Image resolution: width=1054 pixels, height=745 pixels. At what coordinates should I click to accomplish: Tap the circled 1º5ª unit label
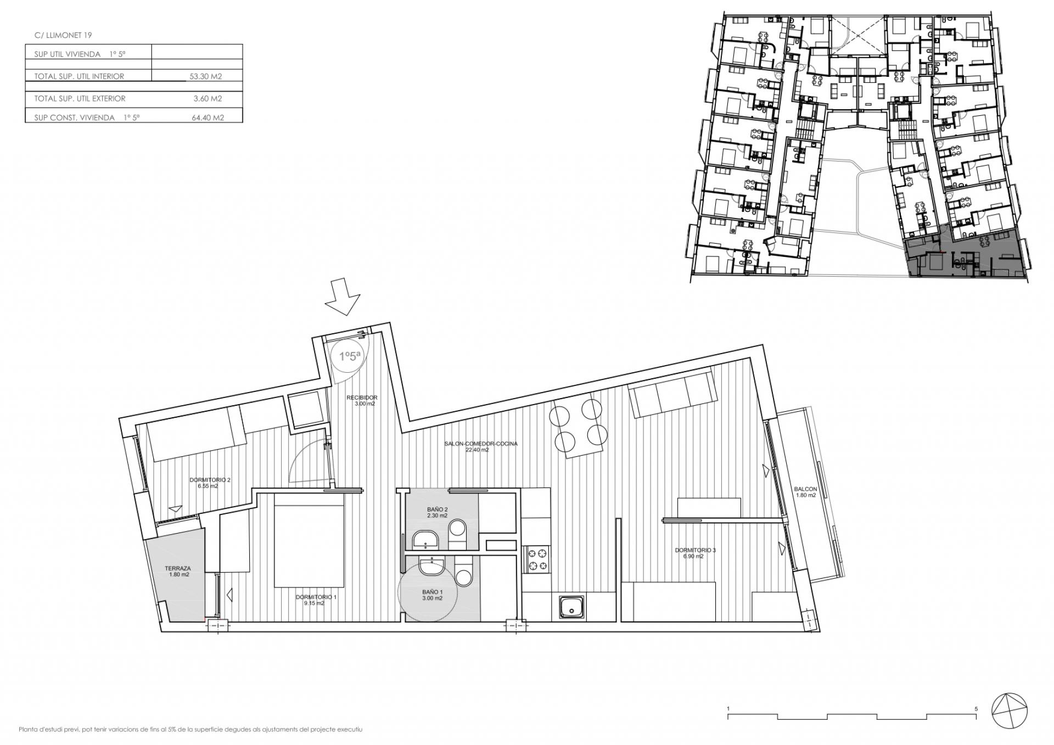[x=350, y=356]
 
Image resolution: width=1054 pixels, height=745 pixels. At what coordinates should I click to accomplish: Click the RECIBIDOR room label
[x=362, y=401]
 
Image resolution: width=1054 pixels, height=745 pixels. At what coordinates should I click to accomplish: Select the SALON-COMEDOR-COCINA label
[x=480, y=446]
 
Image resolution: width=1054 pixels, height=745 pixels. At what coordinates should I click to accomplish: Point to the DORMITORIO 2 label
[x=210, y=483]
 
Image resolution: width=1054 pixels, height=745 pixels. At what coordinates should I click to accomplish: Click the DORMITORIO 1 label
[x=316, y=600]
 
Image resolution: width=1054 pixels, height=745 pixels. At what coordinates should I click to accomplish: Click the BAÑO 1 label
[x=432, y=595]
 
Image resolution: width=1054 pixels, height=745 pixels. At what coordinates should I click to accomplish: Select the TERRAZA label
[x=178, y=572]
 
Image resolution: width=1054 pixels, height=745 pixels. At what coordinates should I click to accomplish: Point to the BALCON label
[x=806, y=492]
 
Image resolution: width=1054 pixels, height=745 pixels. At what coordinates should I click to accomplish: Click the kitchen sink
[x=573, y=607]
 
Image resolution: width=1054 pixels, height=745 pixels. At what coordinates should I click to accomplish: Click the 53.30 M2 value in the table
[x=206, y=77]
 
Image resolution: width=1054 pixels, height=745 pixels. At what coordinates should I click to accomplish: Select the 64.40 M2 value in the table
[x=207, y=117]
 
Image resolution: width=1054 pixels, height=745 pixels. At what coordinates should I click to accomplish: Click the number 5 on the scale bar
[x=976, y=709]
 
